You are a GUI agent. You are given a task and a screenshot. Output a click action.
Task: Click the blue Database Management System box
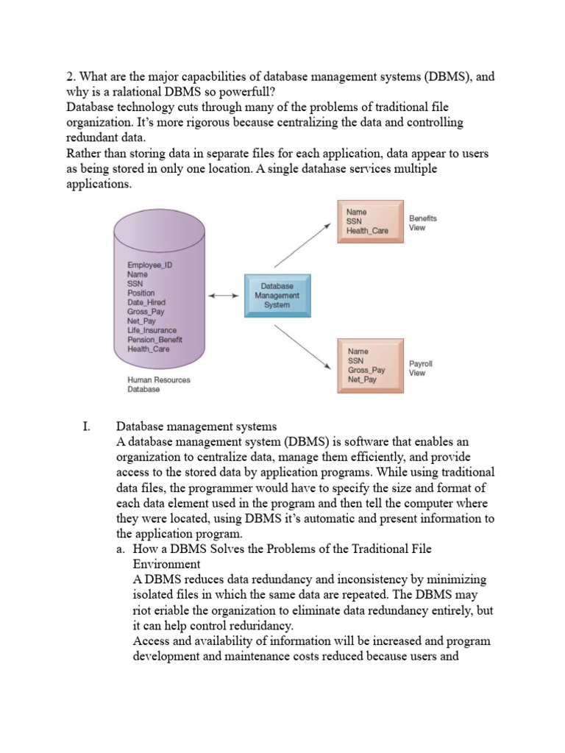(277, 295)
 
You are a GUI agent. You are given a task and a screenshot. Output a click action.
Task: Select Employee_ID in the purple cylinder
(150, 264)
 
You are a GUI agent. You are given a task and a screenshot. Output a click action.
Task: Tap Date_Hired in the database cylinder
(146, 302)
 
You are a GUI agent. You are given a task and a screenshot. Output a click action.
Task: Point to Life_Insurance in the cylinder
(152, 330)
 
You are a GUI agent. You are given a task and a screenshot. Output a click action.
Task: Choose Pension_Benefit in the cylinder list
(154, 340)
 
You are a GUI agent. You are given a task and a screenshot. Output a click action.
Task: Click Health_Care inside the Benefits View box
(368, 231)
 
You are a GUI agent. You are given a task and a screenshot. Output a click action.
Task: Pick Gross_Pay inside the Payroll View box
(366, 371)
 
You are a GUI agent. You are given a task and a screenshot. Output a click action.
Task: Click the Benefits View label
(422, 223)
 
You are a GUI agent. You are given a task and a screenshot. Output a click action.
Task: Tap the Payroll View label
(421, 368)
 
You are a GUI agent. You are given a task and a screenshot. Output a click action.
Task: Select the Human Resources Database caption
(159, 385)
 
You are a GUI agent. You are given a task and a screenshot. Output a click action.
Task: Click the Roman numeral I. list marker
(86, 427)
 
